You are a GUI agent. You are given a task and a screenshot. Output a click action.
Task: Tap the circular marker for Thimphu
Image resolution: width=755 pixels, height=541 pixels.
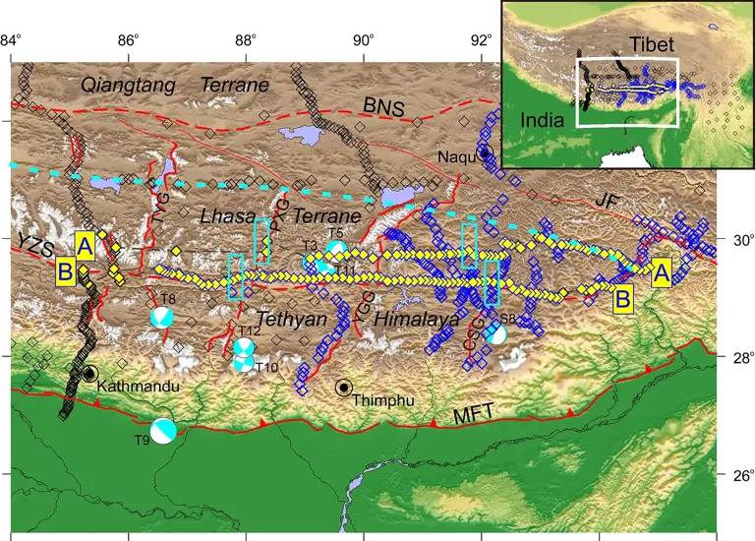click(x=343, y=388)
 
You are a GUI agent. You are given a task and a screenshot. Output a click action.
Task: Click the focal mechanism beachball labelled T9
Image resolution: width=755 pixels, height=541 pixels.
click(x=166, y=431)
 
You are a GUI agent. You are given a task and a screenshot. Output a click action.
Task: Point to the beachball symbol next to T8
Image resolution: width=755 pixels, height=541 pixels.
click(x=162, y=318)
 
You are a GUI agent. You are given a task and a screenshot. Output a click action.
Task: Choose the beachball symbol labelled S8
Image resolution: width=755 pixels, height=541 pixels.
click(x=497, y=334)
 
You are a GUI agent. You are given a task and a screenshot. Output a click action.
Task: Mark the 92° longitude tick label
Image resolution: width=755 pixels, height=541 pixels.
click(x=482, y=13)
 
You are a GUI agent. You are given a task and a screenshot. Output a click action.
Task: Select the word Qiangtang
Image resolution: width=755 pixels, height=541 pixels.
click(x=129, y=86)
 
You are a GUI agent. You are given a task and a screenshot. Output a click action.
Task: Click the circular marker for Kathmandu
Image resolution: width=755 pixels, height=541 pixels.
click(x=89, y=374)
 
